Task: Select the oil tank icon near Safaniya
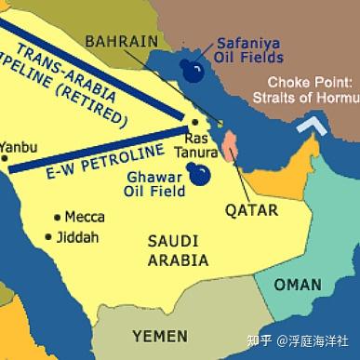point(193,73)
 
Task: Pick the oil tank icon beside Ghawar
point(198,173)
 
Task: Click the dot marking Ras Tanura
point(193,122)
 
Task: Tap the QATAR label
point(251,210)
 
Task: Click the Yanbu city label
point(20,146)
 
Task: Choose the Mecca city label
point(84,217)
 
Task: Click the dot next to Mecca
point(58,217)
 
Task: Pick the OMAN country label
point(296,285)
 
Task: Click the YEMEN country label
point(159,335)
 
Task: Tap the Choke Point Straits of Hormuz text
point(313,91)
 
